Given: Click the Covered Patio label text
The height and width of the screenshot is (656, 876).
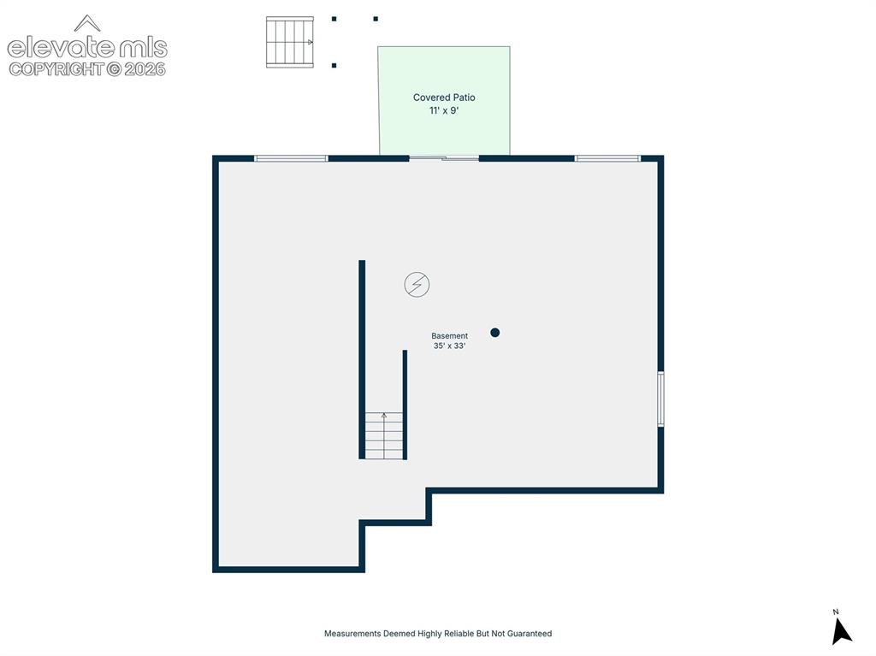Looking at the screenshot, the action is [444, 98].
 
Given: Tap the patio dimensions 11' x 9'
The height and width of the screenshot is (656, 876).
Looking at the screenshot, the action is [444, 110].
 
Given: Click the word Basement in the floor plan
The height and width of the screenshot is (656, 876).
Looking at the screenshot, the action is [449, 336].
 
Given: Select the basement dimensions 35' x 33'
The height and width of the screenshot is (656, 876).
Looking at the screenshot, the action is [449, 346].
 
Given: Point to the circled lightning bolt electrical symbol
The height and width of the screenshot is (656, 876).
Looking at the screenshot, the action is [417, 285].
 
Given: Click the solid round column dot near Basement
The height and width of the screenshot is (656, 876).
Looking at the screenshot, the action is [494, 333].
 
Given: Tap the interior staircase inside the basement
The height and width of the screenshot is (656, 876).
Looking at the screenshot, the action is [384, 435].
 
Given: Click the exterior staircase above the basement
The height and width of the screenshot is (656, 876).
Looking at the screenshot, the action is [289, 42].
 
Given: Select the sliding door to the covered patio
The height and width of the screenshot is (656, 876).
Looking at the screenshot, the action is [444, 159].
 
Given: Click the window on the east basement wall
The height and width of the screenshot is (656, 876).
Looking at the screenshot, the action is [660, 399].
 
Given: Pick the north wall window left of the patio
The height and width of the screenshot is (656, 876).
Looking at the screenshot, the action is [291, 159].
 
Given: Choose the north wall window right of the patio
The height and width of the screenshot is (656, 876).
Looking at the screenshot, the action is [608, 159].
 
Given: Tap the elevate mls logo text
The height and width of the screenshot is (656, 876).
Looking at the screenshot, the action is [87, 48].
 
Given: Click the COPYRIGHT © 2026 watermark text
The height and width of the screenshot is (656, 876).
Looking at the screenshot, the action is [87, 69].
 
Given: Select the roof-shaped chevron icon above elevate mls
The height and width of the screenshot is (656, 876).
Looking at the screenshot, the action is [87, 23].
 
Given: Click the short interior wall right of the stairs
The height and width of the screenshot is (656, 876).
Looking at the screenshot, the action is [405, 405].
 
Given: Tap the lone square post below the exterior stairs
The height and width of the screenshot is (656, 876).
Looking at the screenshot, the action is [334, 65].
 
